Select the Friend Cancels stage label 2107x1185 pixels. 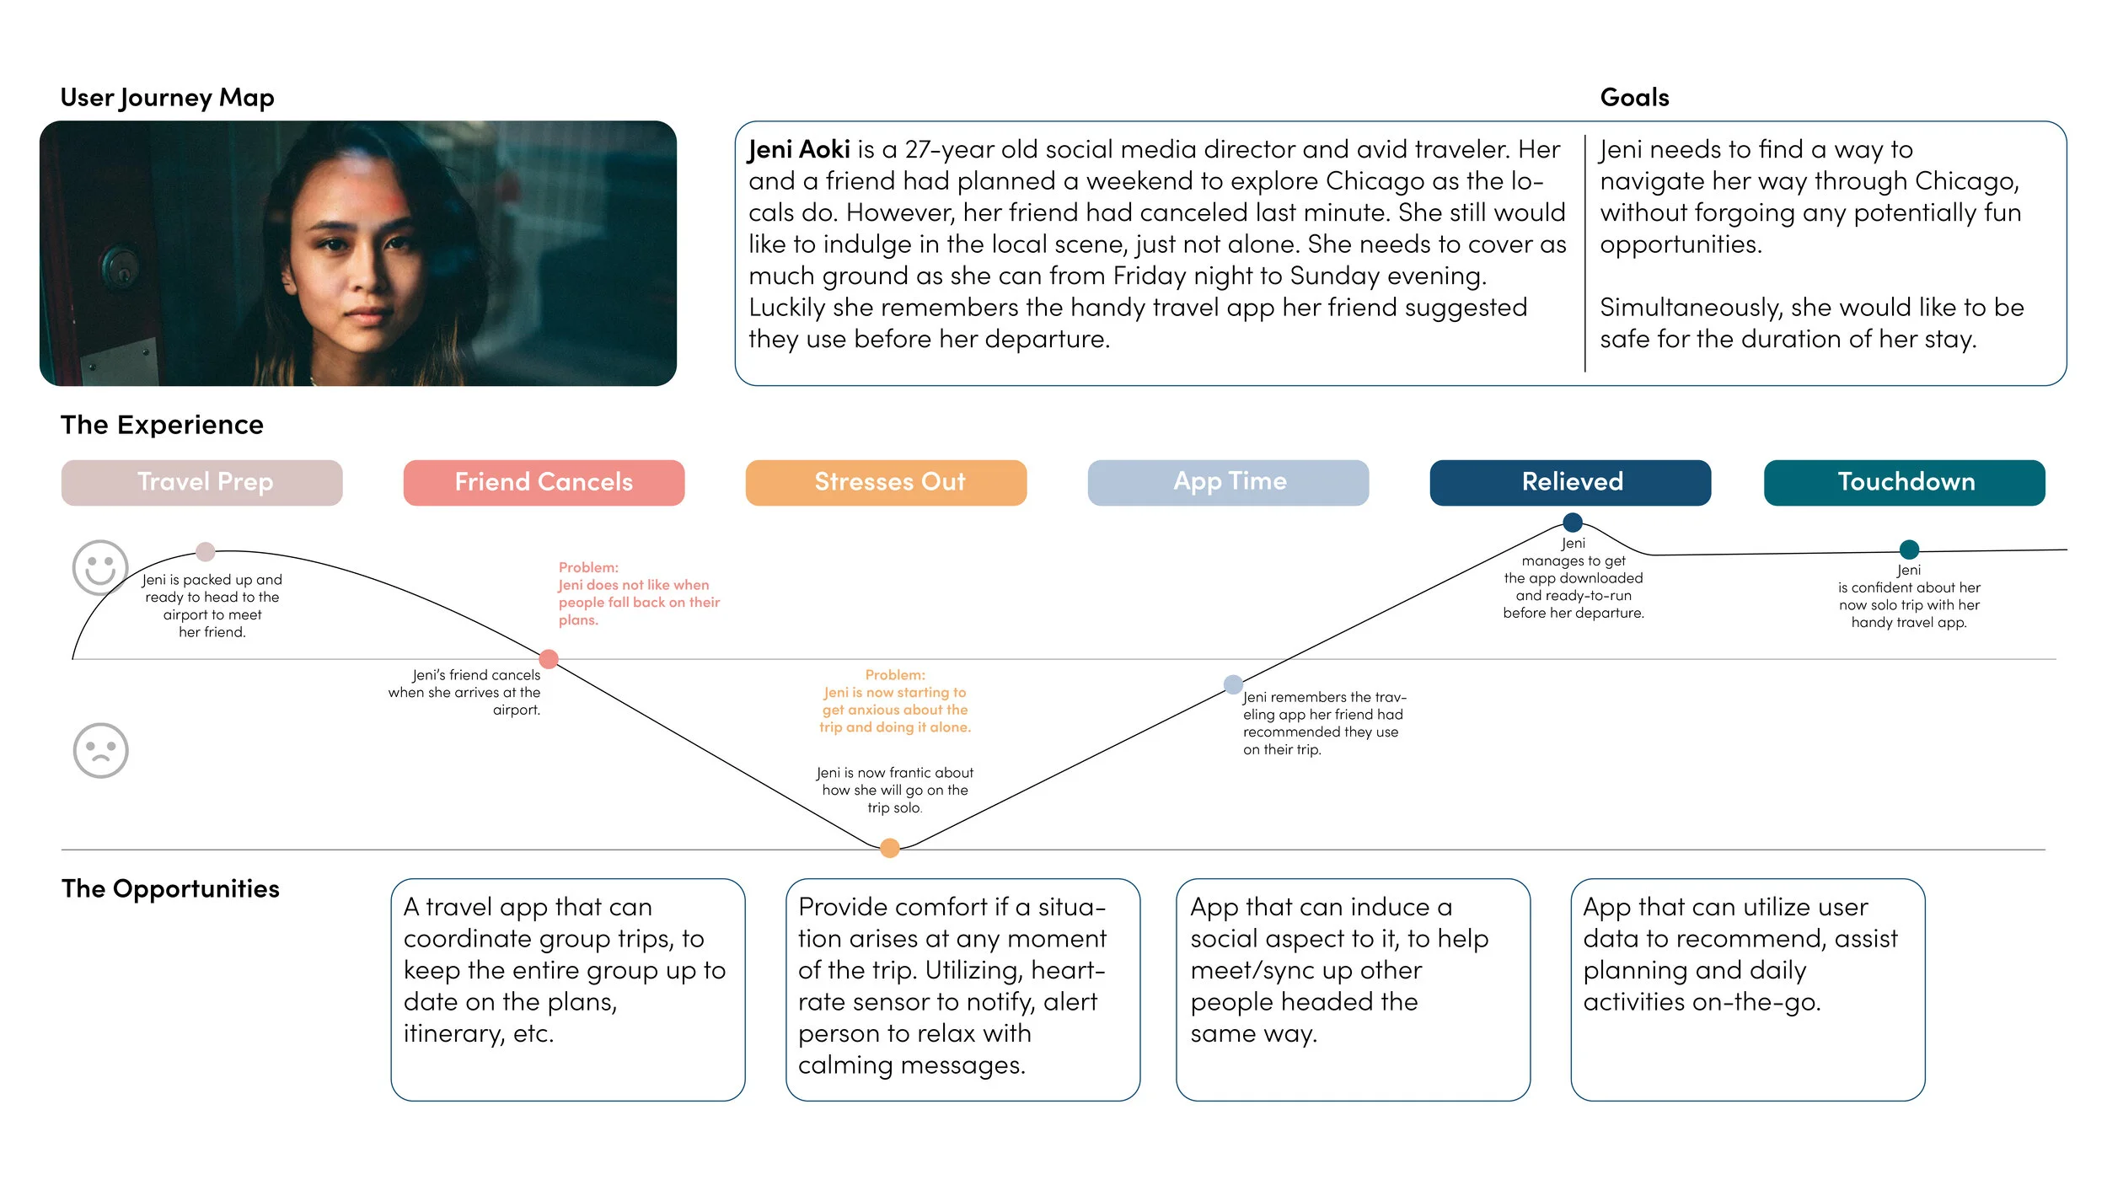click(x=544, y=482)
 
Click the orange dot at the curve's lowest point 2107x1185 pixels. click(x=889, y=848)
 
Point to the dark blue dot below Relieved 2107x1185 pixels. click(x=1572, y=522)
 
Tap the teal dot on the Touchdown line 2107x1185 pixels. click(x=1909, y=550)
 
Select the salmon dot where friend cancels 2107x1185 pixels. click(x=549, y=658)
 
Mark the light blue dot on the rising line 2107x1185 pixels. click(x=1233, y=684)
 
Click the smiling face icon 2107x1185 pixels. click(x=100, y=567)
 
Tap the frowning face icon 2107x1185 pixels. click(x=100, y=750)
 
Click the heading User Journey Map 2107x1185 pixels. click(x=167, y=98)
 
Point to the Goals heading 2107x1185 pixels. click(x=1634, y=98)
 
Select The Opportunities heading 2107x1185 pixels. click(x=170, y=888)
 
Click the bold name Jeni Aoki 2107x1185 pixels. click(x=799, y=150)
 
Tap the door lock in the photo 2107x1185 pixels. click(x=121, y=266)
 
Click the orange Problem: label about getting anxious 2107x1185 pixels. click(x=895, y=675)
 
